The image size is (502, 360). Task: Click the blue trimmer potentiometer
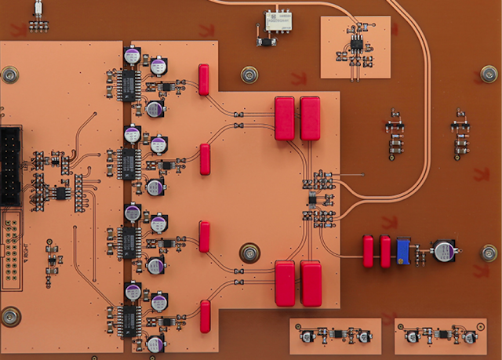tap(405, 250)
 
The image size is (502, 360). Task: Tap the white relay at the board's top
tap(277, 20)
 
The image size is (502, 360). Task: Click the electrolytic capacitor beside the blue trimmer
tap(445, 251)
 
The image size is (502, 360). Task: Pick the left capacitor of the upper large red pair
tap(284, 118)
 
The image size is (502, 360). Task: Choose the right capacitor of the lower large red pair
tap(311, 283)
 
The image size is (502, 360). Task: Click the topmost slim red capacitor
tap(204, 79)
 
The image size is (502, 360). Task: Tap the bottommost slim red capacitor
tap(205, 316)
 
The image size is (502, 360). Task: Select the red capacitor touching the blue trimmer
tap(385, 251)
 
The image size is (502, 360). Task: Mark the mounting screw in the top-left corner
tap(10, 75)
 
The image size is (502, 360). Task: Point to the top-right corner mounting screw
tap(489, 75)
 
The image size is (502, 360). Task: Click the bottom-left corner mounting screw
tap(10, 315)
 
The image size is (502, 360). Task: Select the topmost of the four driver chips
tap(128, 83)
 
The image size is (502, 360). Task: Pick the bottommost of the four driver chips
tap(128, 318)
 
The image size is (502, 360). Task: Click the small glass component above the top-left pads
tap(38, 9)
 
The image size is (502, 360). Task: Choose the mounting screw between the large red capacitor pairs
tap(249, 253)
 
